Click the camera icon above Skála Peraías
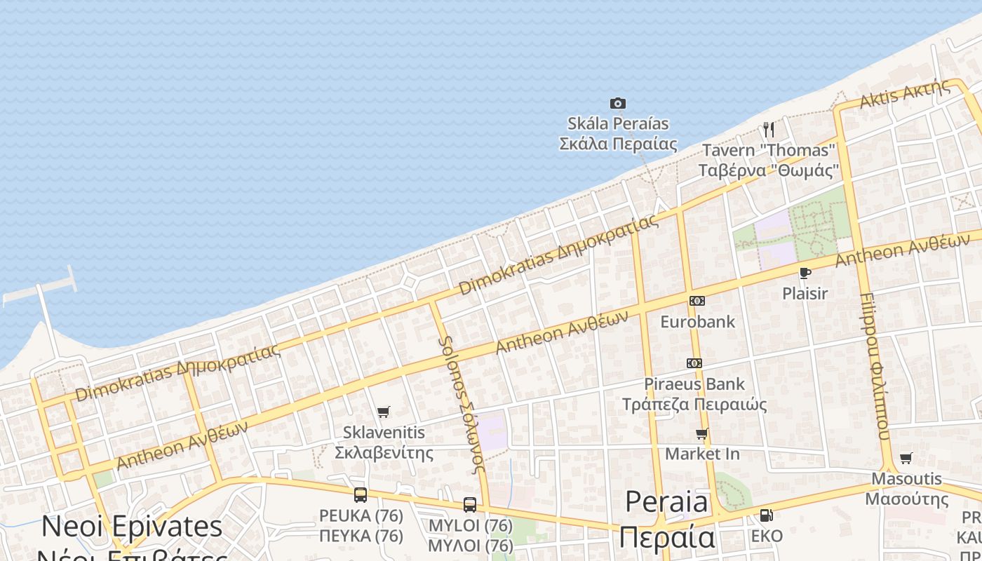pyautogui.click(x=617, y=104)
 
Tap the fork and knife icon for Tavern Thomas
pyautogui.click(x=769, y=129)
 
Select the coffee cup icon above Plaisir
pyautogui.click(x=805, y=273)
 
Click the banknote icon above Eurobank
pyautogui.click(x=697, y=301)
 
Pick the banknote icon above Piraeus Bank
pyautogui.click(x=694, y=363)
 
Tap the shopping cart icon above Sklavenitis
pyautogui.click(x=383, y=412)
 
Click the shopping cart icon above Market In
pyautogui.click(x=702, y=434)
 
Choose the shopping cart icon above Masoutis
pyautogui.click(x=906, y=459)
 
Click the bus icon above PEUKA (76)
pyautogui.click(x=361, y=495)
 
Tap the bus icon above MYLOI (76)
pyautogui.click(x=470, y=505)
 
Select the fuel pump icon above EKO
pyautogui.click(x=767, y=515)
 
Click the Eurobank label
pyautogui.click(x=698, y=322)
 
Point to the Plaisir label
pyautogui.click(x=805, y=293)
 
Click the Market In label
pyautogui.click(x=702, y=454)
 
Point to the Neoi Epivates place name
pyautogui.click(x=132, y=527)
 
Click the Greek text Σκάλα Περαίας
pyautogui.click(x=617, y=144)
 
